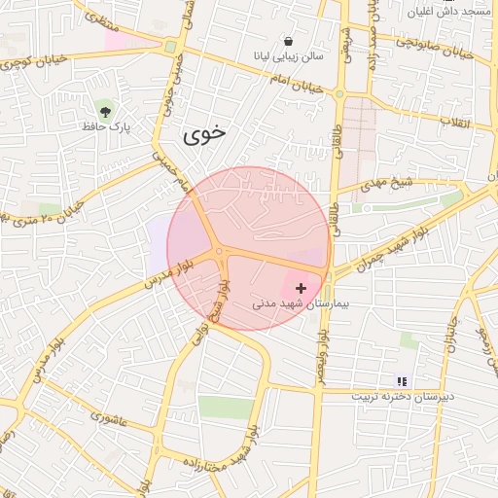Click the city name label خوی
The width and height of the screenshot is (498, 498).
203,136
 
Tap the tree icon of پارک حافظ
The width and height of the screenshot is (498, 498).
105,110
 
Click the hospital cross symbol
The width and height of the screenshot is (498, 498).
301,288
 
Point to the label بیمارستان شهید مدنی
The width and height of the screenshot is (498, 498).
292,303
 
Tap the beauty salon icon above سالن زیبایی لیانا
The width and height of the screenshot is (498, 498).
289,41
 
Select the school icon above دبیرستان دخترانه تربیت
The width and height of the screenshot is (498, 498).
402,381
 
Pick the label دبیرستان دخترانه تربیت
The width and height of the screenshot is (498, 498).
402,397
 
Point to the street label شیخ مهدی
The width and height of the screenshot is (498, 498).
386,185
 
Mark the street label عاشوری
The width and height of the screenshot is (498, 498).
109,416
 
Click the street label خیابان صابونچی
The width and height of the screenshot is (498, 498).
435,47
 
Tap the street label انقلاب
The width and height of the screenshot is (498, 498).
456,122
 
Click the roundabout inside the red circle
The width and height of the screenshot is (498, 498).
221,252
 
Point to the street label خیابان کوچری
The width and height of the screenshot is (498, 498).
39,60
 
